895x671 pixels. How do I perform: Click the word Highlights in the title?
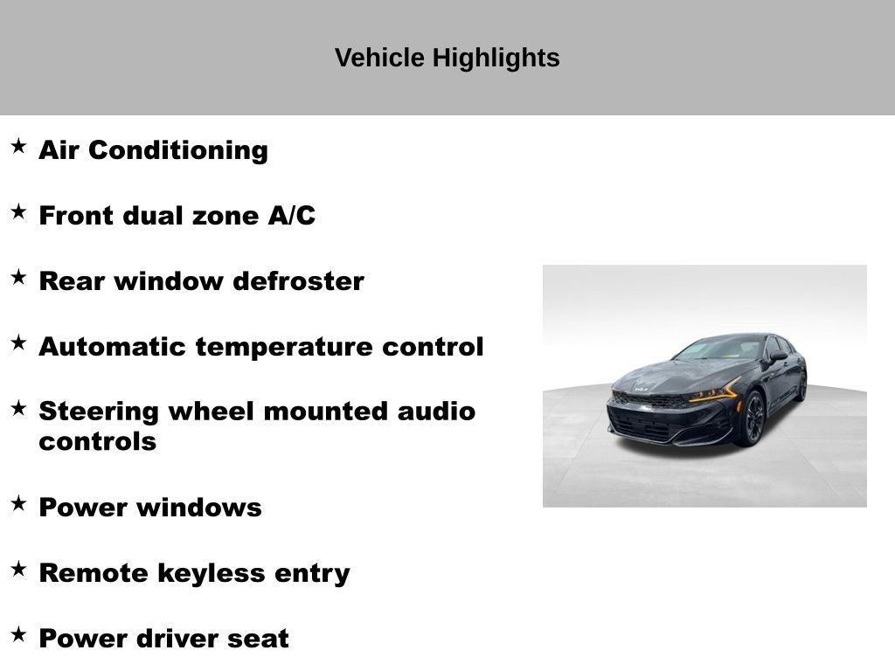tap(496, 59)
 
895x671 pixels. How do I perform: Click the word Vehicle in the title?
tap(379, 58)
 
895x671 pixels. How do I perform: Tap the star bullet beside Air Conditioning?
tap(19, 146)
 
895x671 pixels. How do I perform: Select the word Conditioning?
tap(178, 150)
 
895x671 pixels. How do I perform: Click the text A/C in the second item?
tap(292, 215)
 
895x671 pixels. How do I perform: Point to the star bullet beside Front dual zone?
tap(19, 211)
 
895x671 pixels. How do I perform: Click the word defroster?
tap(299, 280)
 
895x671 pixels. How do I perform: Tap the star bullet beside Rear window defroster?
tap(19, 277)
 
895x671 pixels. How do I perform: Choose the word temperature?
tap(284, 347)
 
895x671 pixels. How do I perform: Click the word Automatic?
tap(113, 346)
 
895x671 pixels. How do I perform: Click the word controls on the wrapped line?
tap(98, 441)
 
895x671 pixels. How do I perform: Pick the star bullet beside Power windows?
tap(19, 503)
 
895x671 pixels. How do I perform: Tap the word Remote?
tap(94, 573)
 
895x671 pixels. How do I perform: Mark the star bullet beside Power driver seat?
tap(19, 634)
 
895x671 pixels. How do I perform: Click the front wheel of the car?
tap(753, 419)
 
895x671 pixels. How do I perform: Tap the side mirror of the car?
tap(779, 356)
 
